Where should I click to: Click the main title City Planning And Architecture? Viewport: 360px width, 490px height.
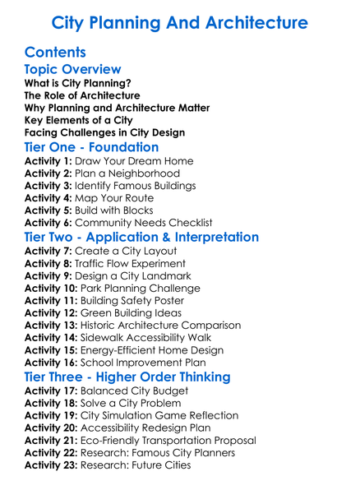(179, 22)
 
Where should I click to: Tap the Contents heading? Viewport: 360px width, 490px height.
(55, 53)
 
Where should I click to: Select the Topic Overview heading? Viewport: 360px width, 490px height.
(72, 70)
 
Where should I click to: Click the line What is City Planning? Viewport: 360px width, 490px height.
(78, 83)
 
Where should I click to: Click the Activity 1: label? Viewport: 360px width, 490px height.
(48, 162)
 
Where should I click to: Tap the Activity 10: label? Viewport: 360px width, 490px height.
(52, 289)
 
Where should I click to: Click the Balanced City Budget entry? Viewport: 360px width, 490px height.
(133, 392)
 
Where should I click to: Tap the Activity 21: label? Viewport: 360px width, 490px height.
(52, 441)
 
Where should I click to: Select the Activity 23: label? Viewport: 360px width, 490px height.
(52, 465)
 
